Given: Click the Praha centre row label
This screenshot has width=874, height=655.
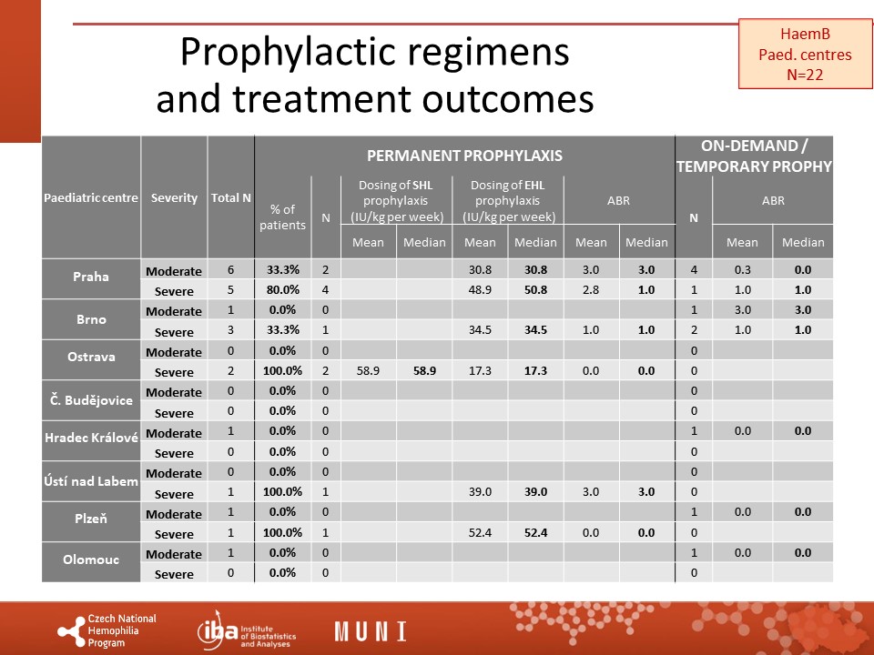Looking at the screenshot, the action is pyautogui.click(x=91, y=277).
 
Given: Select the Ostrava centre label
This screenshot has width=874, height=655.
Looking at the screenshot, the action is pyautogui.click(x=91, y=357).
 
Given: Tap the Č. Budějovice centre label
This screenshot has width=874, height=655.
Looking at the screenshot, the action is pyautogui.click(x=91, y=400).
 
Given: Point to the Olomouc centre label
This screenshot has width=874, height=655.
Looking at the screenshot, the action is pyautogui.click(x=91, y=559).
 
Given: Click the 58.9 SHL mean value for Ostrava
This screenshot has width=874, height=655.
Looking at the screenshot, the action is pyautogui.click(x=368, y=371).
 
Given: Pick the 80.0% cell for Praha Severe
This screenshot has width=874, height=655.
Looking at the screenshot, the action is pyautogui.click(x=282, y=289).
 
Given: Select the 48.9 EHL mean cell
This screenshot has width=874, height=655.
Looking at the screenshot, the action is pyautogui.click(x=480, y=289).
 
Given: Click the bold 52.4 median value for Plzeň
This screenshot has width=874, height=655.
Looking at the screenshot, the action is pyautogui.click(x=535, y=533).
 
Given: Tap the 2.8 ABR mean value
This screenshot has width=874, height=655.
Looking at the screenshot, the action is pyautogui.click(x=591, y=289).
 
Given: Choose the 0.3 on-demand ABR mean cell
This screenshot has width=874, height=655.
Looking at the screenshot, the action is pyautogui.click(x=743, y=269).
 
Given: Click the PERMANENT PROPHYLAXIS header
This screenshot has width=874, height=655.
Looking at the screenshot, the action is pyautogui.click(x=464, y=156).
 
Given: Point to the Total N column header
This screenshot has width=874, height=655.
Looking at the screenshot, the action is pyautogui.click(x=230, y=197).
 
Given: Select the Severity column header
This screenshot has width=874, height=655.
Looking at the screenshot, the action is pyautogui.click(x=174, y=197).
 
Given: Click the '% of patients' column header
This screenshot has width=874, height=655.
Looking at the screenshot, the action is pyautogui.click(x=282, y=217).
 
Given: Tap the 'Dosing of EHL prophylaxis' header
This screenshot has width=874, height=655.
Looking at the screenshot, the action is pyautogui.click(x=508, y=201).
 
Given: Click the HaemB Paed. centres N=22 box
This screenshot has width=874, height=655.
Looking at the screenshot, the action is pyautogui.click(x=805, y=54).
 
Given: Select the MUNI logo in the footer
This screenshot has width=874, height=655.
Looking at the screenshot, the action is pyautogui.click(x=371, y=631).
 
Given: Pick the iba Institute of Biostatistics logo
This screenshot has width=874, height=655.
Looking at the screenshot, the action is pyautogui.click(x=247, y=631).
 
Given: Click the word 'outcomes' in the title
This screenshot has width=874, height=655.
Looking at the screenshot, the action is pyautogui.click(x=507, y=99).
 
